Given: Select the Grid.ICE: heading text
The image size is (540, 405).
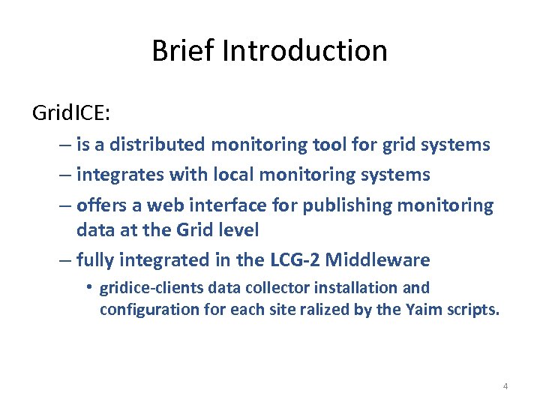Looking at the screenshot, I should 71,113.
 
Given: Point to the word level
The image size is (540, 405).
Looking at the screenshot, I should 238,230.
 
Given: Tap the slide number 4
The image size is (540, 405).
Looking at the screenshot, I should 505,386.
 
